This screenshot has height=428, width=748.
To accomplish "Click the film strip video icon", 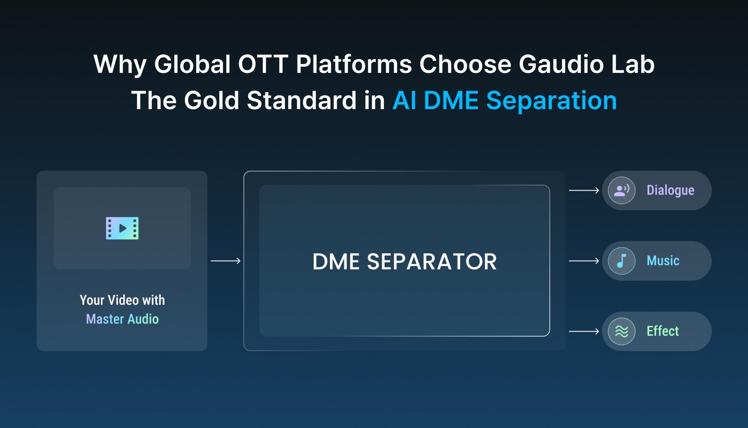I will [122, 228].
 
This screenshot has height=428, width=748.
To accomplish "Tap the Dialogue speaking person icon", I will [621, 190].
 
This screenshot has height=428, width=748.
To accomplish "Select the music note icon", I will [621, 261].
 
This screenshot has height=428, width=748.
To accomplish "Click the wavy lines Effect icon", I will [621, 331].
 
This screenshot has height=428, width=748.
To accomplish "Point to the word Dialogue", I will [670, 190].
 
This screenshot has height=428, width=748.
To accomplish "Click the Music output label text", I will [663, 261].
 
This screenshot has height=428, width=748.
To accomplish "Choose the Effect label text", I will [662, 331].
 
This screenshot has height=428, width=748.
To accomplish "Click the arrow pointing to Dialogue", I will [584, 190].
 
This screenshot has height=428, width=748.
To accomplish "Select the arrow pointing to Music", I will [584, 261].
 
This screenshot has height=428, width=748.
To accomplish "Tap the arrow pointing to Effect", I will [584, 331].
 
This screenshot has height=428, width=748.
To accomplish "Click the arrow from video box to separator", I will [225, 261].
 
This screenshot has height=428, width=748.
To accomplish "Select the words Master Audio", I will [122, 319].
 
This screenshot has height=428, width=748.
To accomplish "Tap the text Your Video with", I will [122, 300].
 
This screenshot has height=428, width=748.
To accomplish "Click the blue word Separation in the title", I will [551, 100].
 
